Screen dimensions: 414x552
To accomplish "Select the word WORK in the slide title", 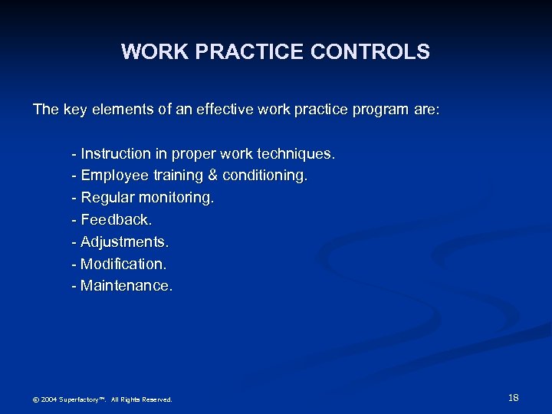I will (148, 52).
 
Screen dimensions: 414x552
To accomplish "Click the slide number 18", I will (513, 397).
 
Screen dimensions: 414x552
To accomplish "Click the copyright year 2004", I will (48, 399).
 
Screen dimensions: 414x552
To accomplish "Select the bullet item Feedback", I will (116, 220).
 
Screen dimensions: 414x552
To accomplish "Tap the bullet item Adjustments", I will (124, 242).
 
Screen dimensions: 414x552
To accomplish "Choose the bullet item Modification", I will (123, 264).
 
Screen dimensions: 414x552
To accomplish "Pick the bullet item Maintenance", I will (127, 286).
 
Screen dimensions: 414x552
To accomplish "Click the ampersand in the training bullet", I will (212, 176).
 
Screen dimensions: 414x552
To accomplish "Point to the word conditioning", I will (265, 176).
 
